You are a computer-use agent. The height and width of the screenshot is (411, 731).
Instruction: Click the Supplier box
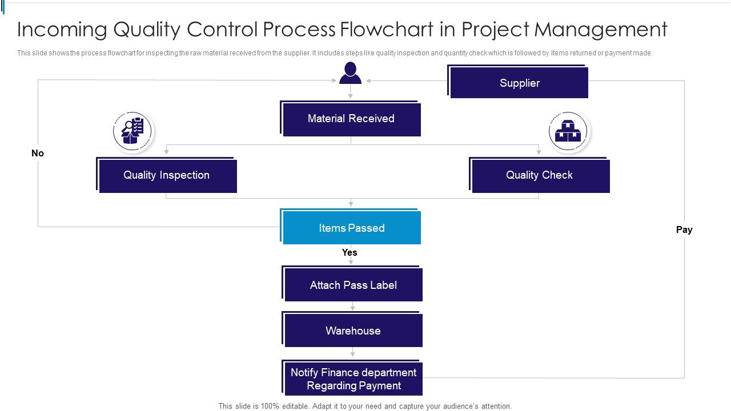pos(519,83)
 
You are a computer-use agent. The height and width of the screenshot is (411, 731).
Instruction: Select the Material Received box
pos(351,119)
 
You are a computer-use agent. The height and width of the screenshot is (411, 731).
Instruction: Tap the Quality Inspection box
pos(167,175)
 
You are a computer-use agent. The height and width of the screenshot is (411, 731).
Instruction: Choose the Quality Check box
pos(540,175)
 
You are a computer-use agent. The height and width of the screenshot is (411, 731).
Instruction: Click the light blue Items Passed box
pos(351,228)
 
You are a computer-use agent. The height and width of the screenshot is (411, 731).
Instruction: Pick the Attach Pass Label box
pos(353,285)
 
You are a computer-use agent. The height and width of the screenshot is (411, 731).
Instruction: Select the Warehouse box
pos(353,331)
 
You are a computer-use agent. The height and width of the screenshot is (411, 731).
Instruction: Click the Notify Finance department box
pos(353,378)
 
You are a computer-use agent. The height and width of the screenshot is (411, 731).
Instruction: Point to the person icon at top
pos(350,73)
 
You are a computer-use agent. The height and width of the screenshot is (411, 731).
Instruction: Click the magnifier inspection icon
pos(132,131)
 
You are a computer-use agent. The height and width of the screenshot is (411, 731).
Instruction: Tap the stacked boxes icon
pos(568,131)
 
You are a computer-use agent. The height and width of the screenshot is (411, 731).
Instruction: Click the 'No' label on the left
pos(38,153)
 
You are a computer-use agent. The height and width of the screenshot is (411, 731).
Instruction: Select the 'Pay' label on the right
pos(684,229)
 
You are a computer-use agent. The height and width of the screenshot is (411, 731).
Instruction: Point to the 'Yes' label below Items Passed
pos(350,252)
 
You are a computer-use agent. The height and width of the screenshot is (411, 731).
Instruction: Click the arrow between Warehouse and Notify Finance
pos(353,353)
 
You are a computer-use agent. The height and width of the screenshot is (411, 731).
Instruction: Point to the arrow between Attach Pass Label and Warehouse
pos(353,307)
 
